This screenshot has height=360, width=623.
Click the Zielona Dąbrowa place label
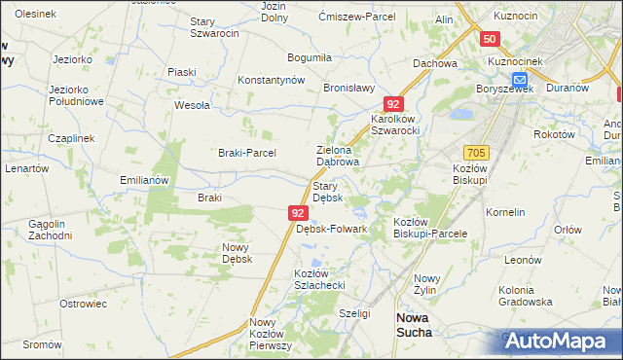[339, 156]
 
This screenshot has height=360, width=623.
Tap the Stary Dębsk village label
[325, 191]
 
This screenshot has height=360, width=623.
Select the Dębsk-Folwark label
[331, 229]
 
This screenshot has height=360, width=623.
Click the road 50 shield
[490, 39]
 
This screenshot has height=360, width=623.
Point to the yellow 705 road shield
[476, 153]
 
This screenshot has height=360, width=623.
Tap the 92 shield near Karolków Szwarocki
[392, 102]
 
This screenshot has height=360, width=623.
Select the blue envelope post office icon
[520, 79]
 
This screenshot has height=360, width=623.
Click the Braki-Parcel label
[247, 153]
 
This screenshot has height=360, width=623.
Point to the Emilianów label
[144, 180]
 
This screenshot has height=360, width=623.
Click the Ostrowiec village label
[83, 304]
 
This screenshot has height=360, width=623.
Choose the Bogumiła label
[310, 58]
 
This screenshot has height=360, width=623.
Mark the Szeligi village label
[354, 313]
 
